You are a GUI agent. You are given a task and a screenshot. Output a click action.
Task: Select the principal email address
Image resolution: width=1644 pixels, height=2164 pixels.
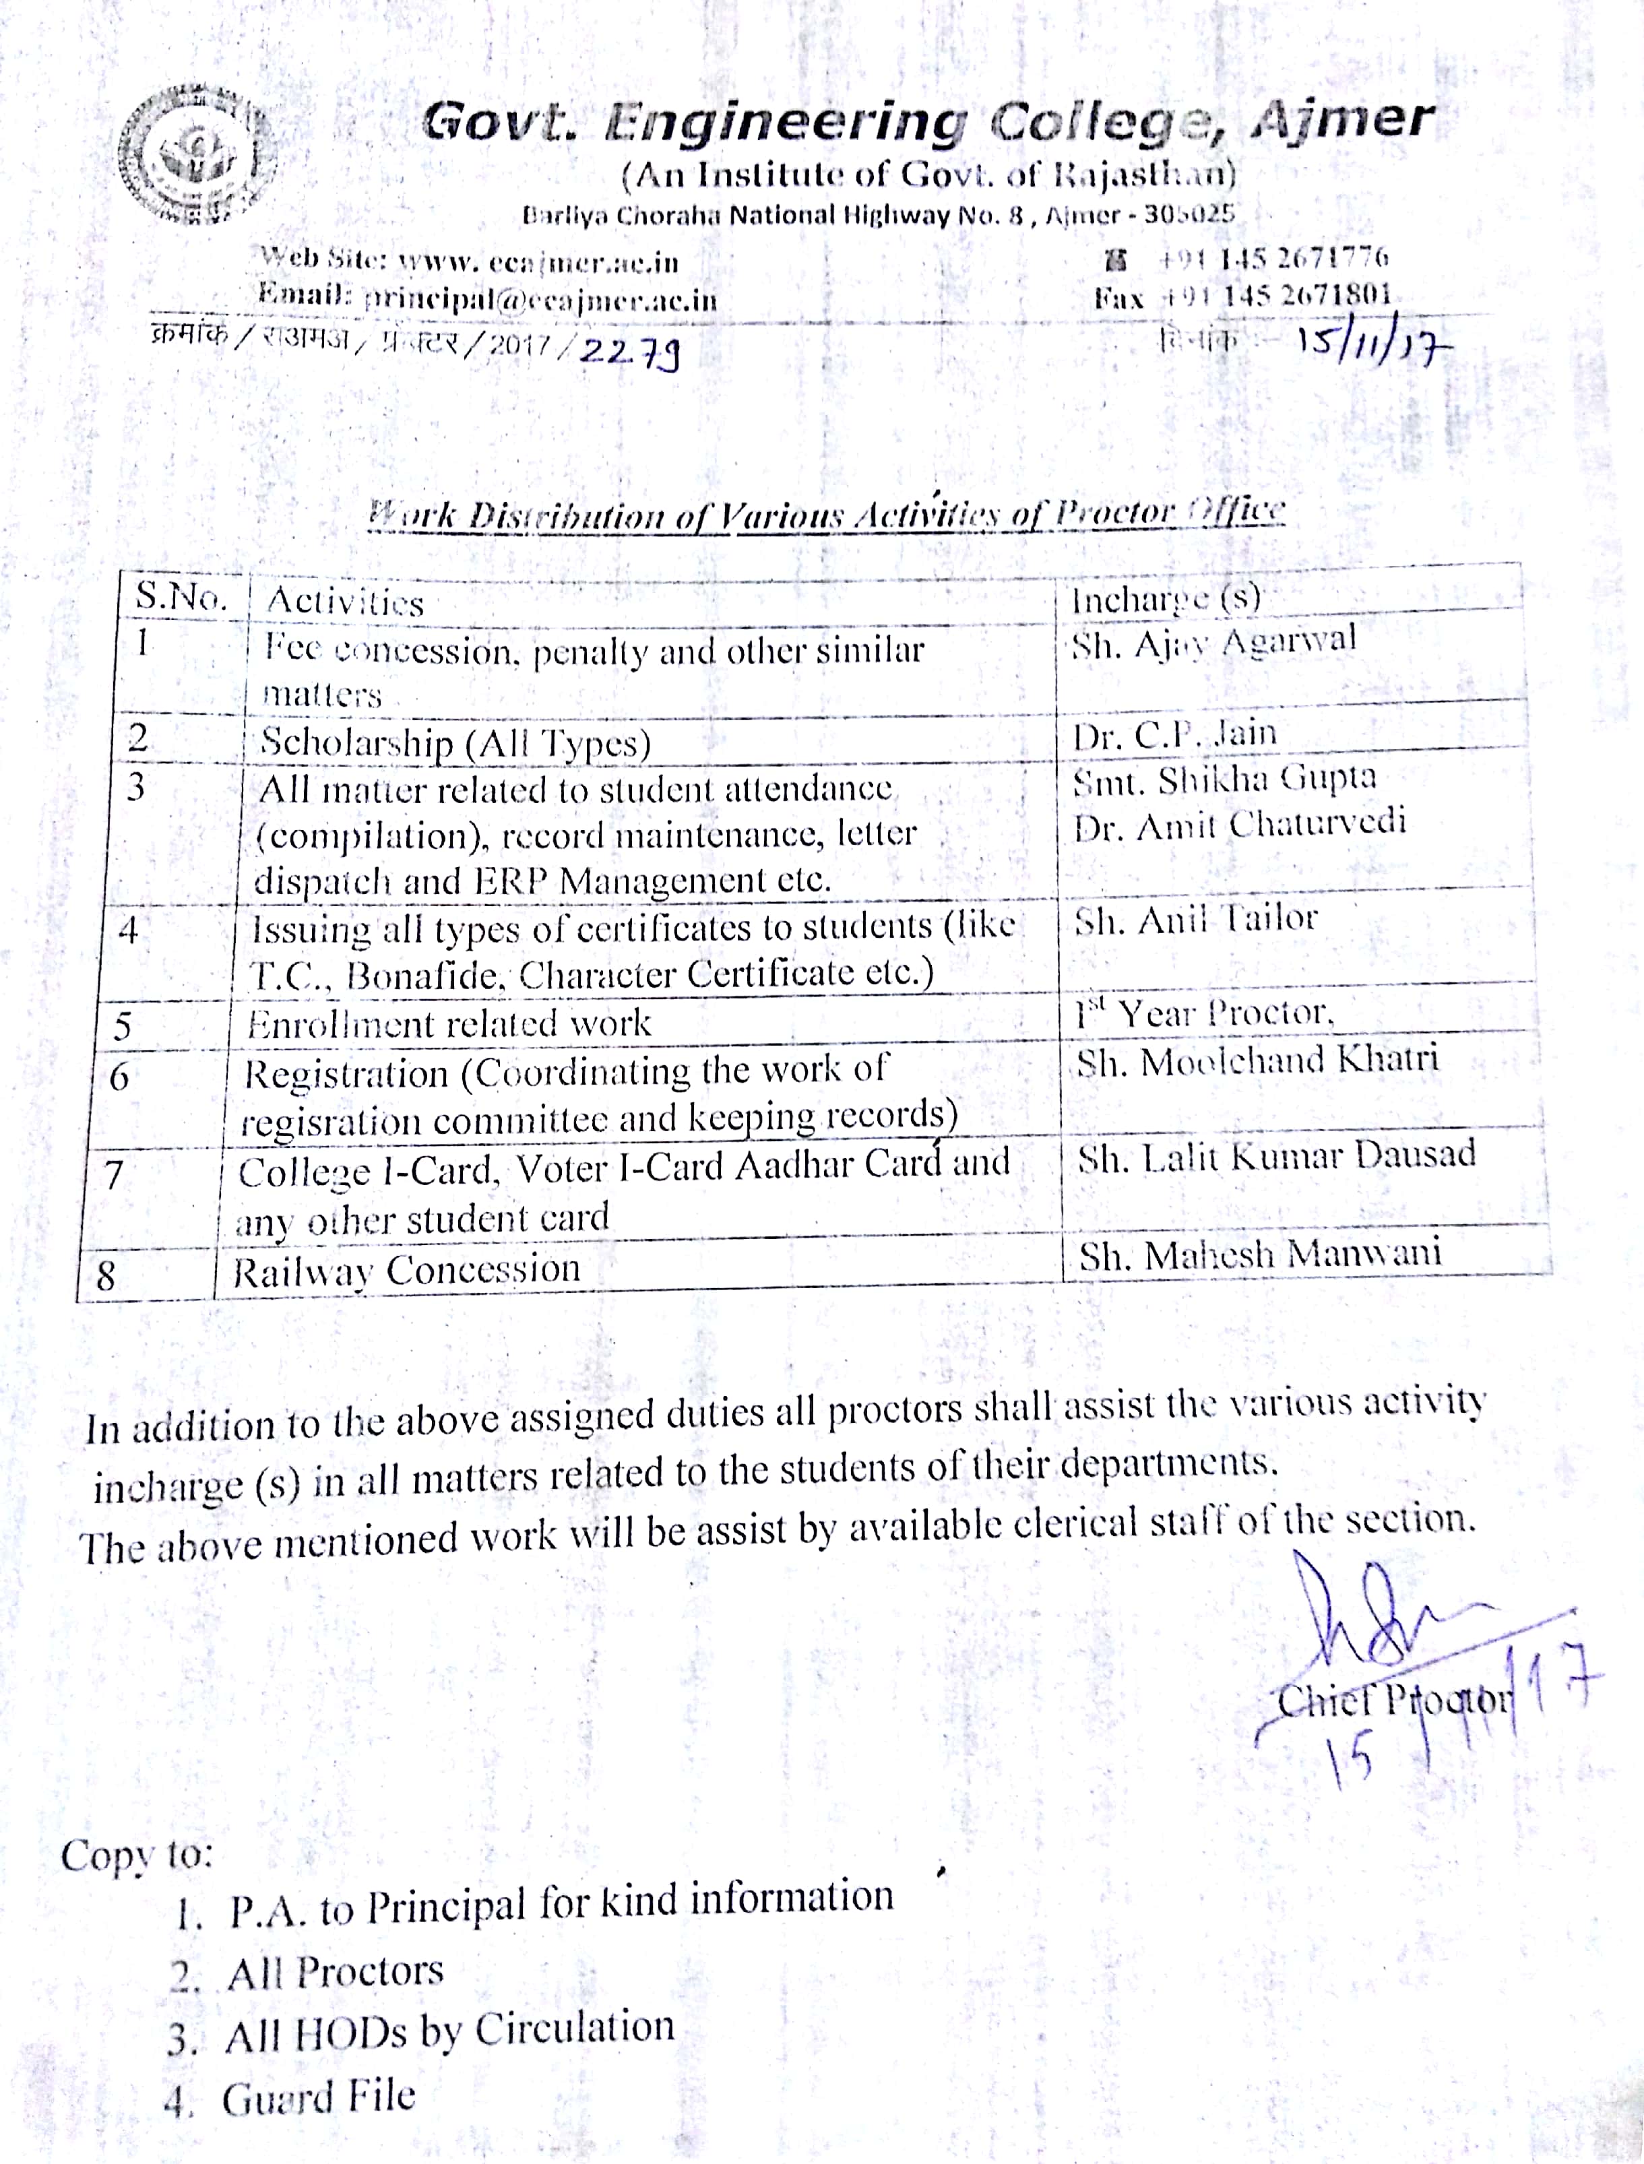(540, 299)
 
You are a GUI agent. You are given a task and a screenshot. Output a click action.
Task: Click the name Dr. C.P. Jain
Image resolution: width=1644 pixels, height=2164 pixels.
(1174, 734)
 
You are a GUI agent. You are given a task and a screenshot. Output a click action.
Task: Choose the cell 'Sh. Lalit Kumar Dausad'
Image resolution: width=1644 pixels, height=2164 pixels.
(1277, 1156)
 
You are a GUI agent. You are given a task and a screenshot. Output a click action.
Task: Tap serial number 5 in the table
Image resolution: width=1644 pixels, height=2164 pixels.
(123, 1026)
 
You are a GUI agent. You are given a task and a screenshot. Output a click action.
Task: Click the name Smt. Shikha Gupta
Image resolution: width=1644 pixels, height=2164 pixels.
(1224, 779)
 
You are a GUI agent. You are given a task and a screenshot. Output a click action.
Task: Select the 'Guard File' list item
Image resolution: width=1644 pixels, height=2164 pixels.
(318, 2097)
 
